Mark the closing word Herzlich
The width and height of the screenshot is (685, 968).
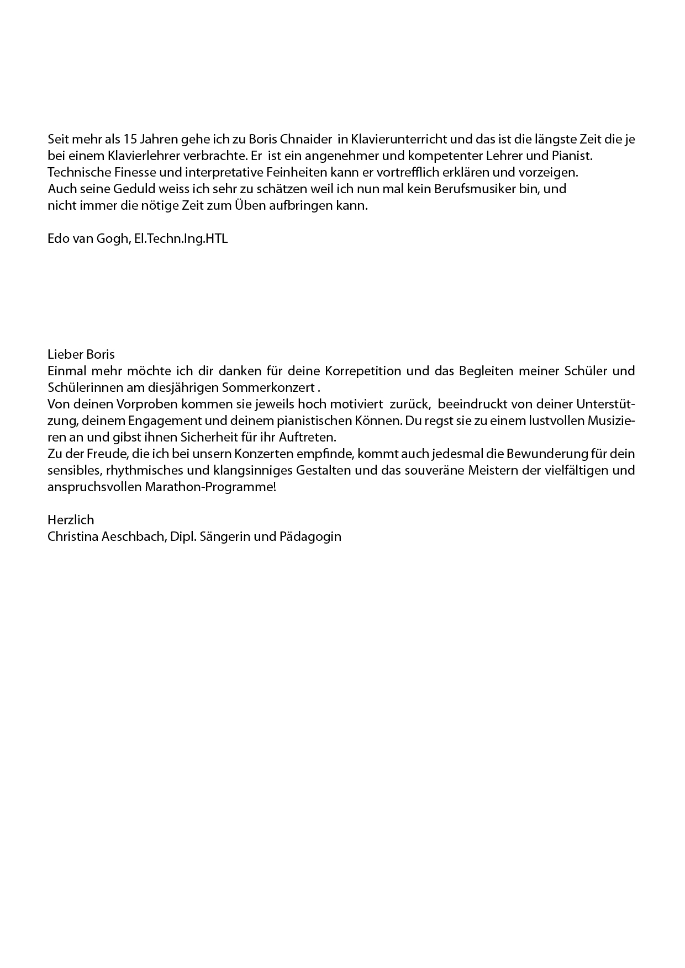pyautogui.click(x=71, y=520)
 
